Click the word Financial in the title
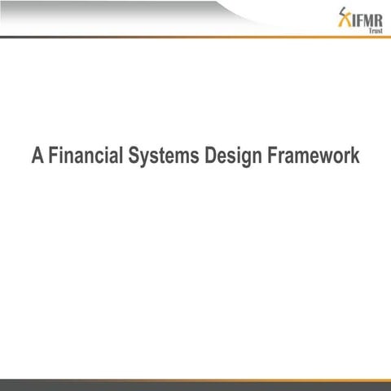86,155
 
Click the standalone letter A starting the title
37,155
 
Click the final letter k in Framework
354,155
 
